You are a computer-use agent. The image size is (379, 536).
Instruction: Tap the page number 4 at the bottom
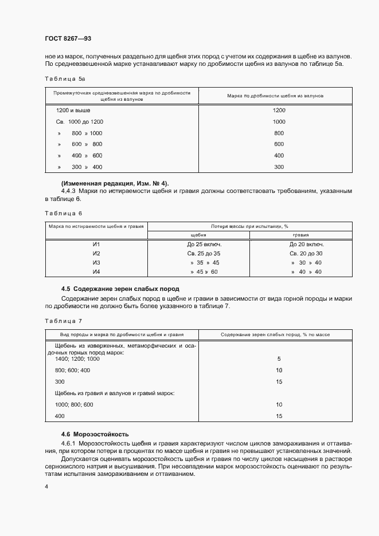pos(46,487)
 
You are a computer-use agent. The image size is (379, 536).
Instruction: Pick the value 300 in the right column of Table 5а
pos(279,167)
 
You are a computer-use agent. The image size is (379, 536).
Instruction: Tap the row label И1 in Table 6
pos(96,244)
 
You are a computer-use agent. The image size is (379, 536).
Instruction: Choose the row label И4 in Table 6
pos(96,271)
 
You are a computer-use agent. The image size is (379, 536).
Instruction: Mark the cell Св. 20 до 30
pos(306,253)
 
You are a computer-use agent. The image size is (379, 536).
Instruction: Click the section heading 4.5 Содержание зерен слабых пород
pos(120,289)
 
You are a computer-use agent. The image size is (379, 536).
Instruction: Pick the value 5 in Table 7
pos(279,358)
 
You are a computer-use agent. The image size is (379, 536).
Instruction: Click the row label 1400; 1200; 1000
pos(77,358)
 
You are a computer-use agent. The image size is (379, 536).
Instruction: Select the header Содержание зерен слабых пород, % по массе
pos(279,333)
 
